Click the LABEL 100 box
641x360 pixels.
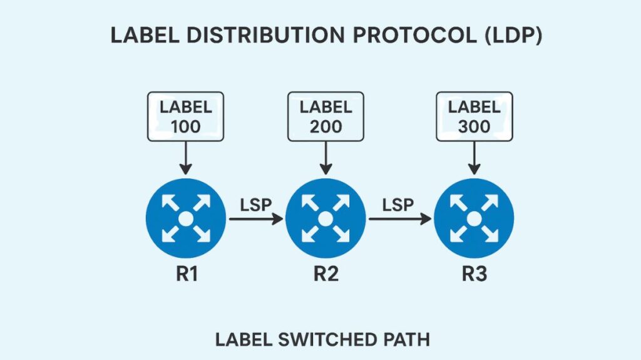click(x=185, y=116)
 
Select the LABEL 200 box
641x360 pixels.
click(x=326, y=116)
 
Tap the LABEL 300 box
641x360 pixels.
click(x=474, y=116)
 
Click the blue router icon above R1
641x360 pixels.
click(x=185, y=219)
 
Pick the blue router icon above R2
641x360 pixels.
click(x=326, y=219)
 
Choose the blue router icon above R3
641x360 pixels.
click(x=474, y=219)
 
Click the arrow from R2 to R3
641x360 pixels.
click(x=400, y=219)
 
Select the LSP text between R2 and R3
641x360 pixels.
click(x=399, y=204)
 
